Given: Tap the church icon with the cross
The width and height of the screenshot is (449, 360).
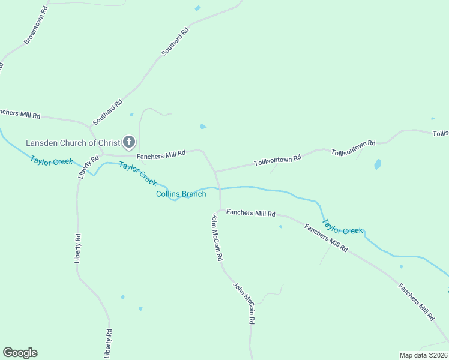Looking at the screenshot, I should [x=128, y=142].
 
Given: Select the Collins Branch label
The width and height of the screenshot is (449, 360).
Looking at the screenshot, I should [x=181, y=194].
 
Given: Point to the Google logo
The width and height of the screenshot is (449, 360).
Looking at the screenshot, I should [x=20, y=353].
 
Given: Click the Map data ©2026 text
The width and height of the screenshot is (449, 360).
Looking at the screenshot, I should [x=423, y=355].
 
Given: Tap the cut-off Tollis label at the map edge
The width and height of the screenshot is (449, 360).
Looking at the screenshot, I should [x=441, y=133].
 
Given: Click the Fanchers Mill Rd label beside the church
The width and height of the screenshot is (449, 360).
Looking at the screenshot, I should [x=161, y=155].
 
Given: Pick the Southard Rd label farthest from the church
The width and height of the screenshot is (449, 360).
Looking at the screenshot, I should [x=175, y=42].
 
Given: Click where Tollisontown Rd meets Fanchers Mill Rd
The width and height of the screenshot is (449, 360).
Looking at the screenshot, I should [x=215, y=172].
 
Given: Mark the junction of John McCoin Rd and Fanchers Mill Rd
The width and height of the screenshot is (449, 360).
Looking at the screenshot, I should [x=220, y=209].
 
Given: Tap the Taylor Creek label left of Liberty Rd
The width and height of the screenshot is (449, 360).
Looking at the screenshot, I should [x=52, y=161].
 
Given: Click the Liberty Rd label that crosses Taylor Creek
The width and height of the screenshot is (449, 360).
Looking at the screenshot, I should [x=88, y=167].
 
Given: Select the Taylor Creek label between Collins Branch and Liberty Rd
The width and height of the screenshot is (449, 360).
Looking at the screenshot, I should [x=138, y=173].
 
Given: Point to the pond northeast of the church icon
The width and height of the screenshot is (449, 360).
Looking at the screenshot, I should [x=203, y=127].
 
